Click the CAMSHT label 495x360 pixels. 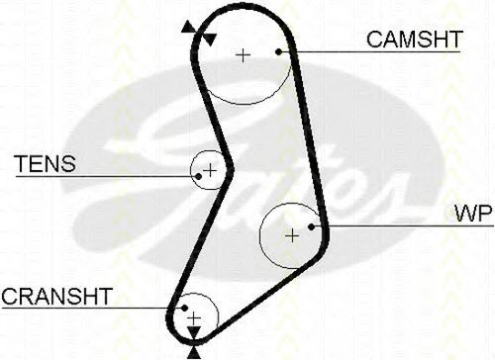(415, 40)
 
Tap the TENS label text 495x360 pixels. (46, 164)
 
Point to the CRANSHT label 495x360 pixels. (56, 296)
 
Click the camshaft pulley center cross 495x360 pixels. (244, 55)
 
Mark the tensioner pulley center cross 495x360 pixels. (210, 170)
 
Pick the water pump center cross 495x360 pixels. (292, 235)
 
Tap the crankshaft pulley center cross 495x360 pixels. (194, 318)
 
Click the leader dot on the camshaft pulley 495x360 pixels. (279, 51)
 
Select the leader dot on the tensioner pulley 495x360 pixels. (198, 177)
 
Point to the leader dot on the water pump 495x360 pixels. (311, 226)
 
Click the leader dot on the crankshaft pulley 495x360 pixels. (184, 308)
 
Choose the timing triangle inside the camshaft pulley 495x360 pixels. (209, 40)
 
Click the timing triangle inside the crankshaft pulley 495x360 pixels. (194, 332)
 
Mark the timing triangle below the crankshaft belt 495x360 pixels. (194, 353)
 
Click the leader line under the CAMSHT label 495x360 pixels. (369, 51)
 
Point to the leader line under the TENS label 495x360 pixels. (107, 177)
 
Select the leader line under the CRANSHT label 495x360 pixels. (93, 308)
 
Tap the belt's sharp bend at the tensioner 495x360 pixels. (230, 169)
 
